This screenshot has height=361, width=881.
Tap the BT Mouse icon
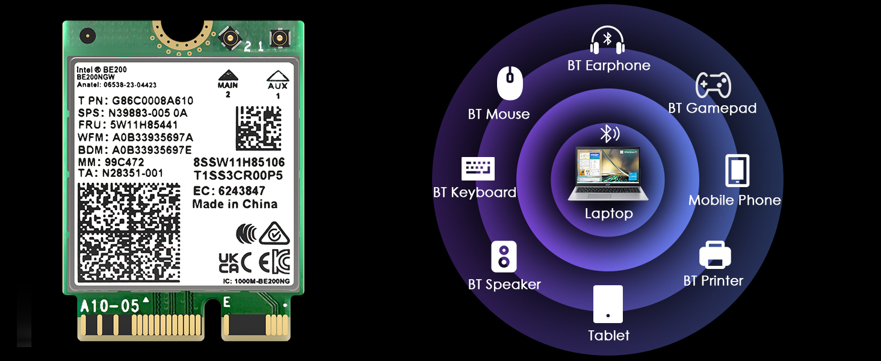510,84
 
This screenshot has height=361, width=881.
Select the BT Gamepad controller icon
713,85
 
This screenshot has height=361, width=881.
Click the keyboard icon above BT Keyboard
478,168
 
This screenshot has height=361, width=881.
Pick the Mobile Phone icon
737,171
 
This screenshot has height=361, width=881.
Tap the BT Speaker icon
504,257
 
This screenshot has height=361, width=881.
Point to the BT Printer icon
715,255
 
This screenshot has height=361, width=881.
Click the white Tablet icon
608,304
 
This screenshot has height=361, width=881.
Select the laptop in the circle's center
608,174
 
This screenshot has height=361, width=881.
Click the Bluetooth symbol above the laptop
608,134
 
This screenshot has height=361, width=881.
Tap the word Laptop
608,214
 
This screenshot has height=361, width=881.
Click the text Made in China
235,205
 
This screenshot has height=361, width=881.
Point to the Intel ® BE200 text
102,70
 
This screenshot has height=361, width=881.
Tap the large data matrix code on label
129,232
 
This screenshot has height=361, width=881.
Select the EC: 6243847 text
229,191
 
